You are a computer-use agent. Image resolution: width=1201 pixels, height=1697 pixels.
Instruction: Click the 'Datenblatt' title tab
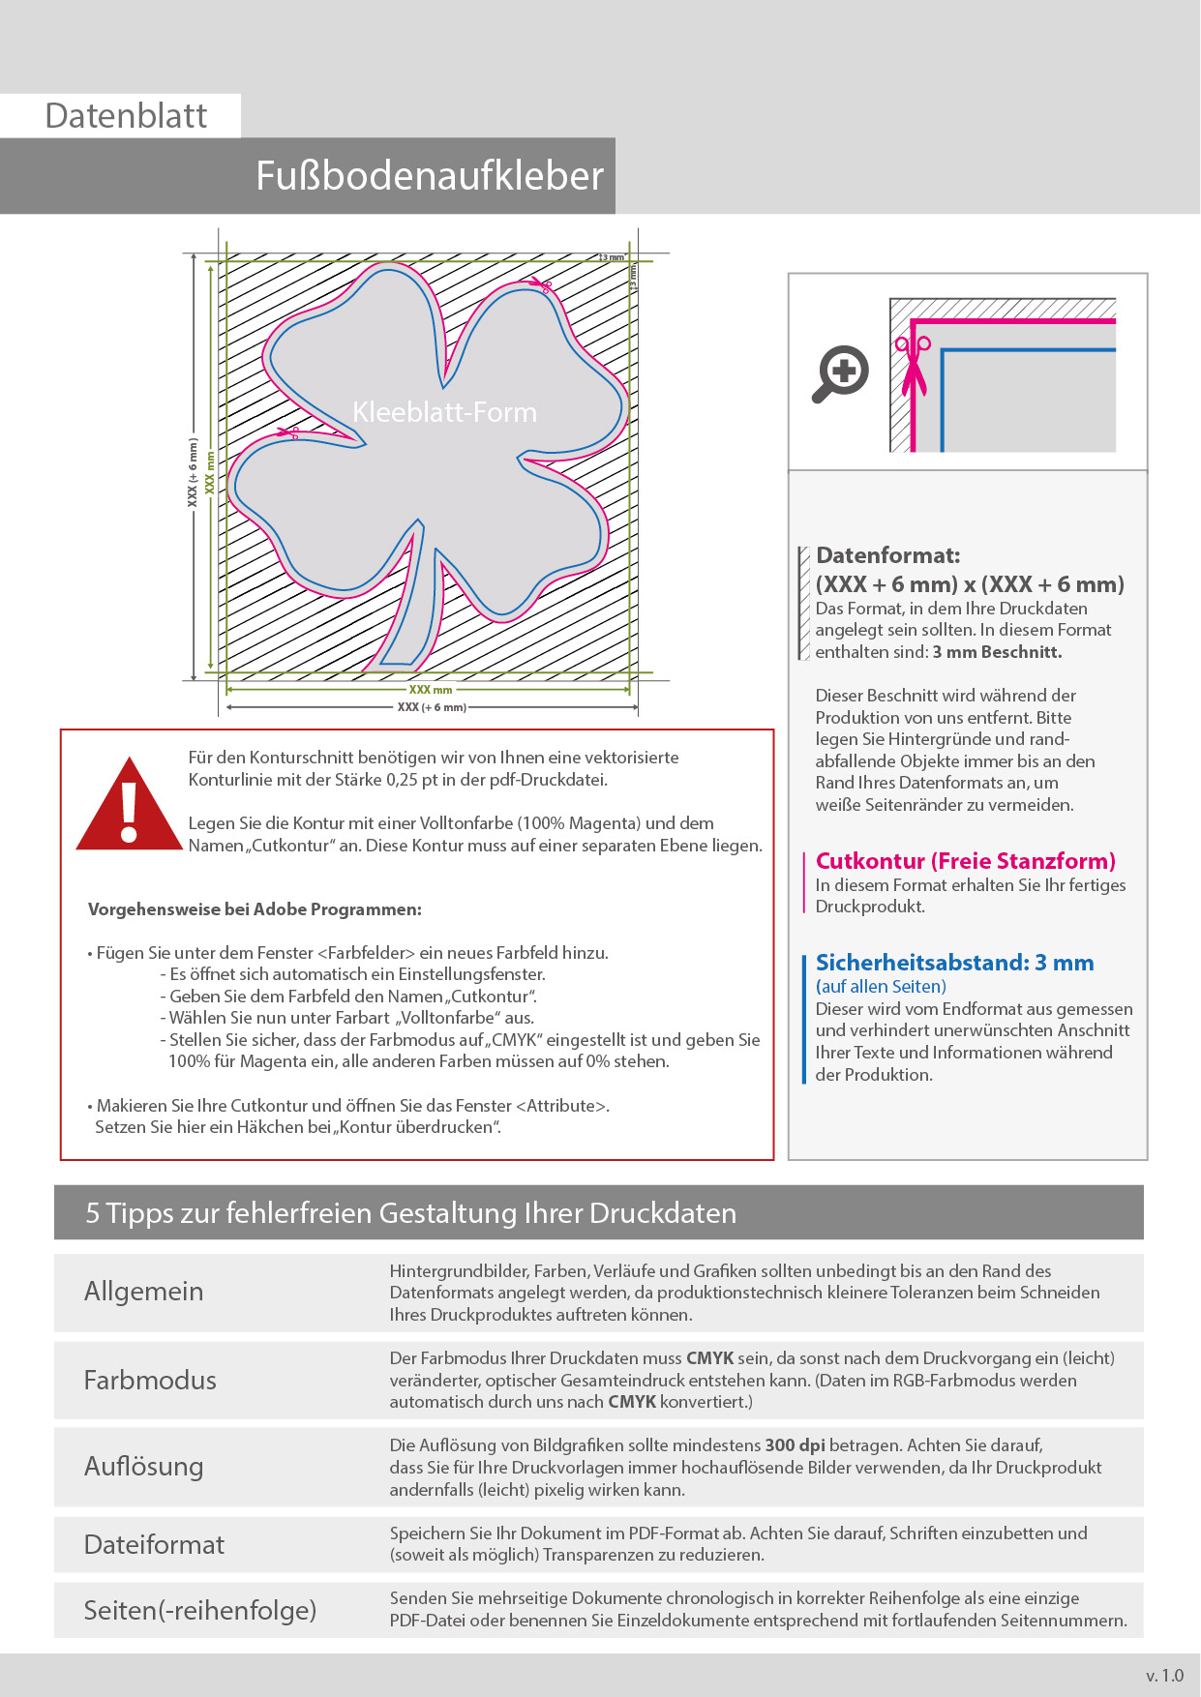tap(126, 116)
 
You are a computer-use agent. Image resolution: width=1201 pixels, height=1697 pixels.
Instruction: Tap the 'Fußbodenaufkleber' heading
tap(429, 176)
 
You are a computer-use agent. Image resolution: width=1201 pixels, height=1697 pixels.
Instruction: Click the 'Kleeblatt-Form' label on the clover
tap(444, 412)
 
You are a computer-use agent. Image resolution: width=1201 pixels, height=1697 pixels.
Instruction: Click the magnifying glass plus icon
tap(840, 373)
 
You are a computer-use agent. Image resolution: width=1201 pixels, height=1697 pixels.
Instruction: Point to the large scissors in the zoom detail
tap(913, 366)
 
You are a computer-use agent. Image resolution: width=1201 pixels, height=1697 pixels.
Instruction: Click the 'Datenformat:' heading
tap(887, 555)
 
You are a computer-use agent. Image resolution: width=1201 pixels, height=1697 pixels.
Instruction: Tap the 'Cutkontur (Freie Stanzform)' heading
tap(965, 861)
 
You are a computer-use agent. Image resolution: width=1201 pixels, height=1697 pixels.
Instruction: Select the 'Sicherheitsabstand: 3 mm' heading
tap(954, 963)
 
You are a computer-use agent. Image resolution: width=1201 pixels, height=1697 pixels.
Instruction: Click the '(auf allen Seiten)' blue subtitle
tap(881, 987)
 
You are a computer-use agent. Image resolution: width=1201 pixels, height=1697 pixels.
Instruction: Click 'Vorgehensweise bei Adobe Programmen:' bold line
tap(255, 909)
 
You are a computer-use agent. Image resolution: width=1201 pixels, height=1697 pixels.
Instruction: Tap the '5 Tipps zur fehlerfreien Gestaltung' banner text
tap(410, 1213)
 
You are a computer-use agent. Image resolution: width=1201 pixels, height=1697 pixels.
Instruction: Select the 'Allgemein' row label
tap(143, 1292)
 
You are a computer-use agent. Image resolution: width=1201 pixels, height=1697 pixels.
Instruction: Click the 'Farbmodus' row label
tap(150, 1380)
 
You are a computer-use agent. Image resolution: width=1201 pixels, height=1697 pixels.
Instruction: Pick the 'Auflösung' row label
tap(143, 1467)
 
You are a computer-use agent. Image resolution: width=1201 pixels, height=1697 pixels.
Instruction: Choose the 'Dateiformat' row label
tap(154, 1544)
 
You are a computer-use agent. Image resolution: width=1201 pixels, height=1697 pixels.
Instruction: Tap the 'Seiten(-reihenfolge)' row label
tap(199, 1610)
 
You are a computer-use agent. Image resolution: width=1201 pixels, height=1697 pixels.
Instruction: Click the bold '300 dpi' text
tap(795, 1445)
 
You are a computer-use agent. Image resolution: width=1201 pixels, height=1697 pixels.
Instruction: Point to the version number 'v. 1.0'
tap(1164, 1676)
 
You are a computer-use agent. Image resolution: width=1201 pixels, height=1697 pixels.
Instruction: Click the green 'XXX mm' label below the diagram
tap(430, 690)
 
